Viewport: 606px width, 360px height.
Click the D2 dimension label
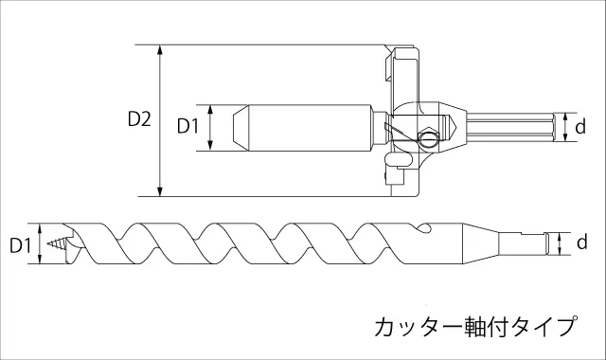pyautogui.click(x=139, y=119)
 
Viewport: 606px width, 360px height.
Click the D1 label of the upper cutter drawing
pyautogui.click(x=187, y=126)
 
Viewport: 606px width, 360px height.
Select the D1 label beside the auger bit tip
pyautogui.click(x=20, y=245)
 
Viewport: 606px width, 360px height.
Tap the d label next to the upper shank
pyautogui.click(x=580, y=126)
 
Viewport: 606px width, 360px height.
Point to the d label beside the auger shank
pyautogui.click(x=581, y=242)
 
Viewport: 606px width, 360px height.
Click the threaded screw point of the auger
pyautogui.click(x=57, y=243)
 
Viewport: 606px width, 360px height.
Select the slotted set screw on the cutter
pyautogui.click(x=429, y=137)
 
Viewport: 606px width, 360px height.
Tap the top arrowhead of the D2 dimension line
pyautogui.click(x=160, y=50)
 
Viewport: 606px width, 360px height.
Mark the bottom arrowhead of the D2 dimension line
pyautogui.click(x=160, y=190)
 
